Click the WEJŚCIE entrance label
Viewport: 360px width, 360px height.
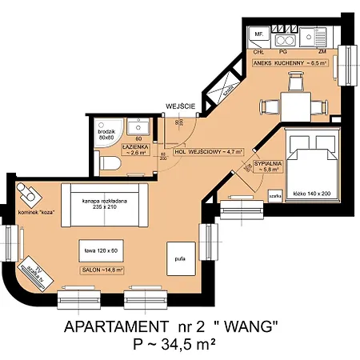pos(177,106)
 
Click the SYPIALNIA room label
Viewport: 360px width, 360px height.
pos(266,166)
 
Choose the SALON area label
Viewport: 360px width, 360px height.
pos(102,270)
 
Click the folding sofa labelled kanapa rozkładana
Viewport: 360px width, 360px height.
pos(105,202)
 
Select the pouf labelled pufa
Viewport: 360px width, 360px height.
pos(180,258)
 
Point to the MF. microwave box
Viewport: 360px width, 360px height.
pos(258,36)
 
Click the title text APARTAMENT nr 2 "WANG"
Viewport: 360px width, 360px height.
pos(173,326)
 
